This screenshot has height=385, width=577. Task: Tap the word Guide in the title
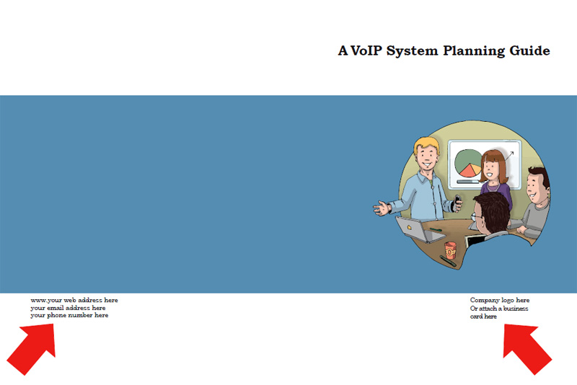[531, 50]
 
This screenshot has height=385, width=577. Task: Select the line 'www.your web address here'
[74, 300]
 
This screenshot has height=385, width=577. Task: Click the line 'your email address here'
[68, 308]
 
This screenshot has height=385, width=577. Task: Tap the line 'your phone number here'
[69, 316]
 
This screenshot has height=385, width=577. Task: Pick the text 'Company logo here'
[500, 300]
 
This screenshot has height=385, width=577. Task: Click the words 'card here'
[483, 317]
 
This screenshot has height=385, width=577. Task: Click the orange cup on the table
[451, 249]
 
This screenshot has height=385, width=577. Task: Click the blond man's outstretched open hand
[382, 209]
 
